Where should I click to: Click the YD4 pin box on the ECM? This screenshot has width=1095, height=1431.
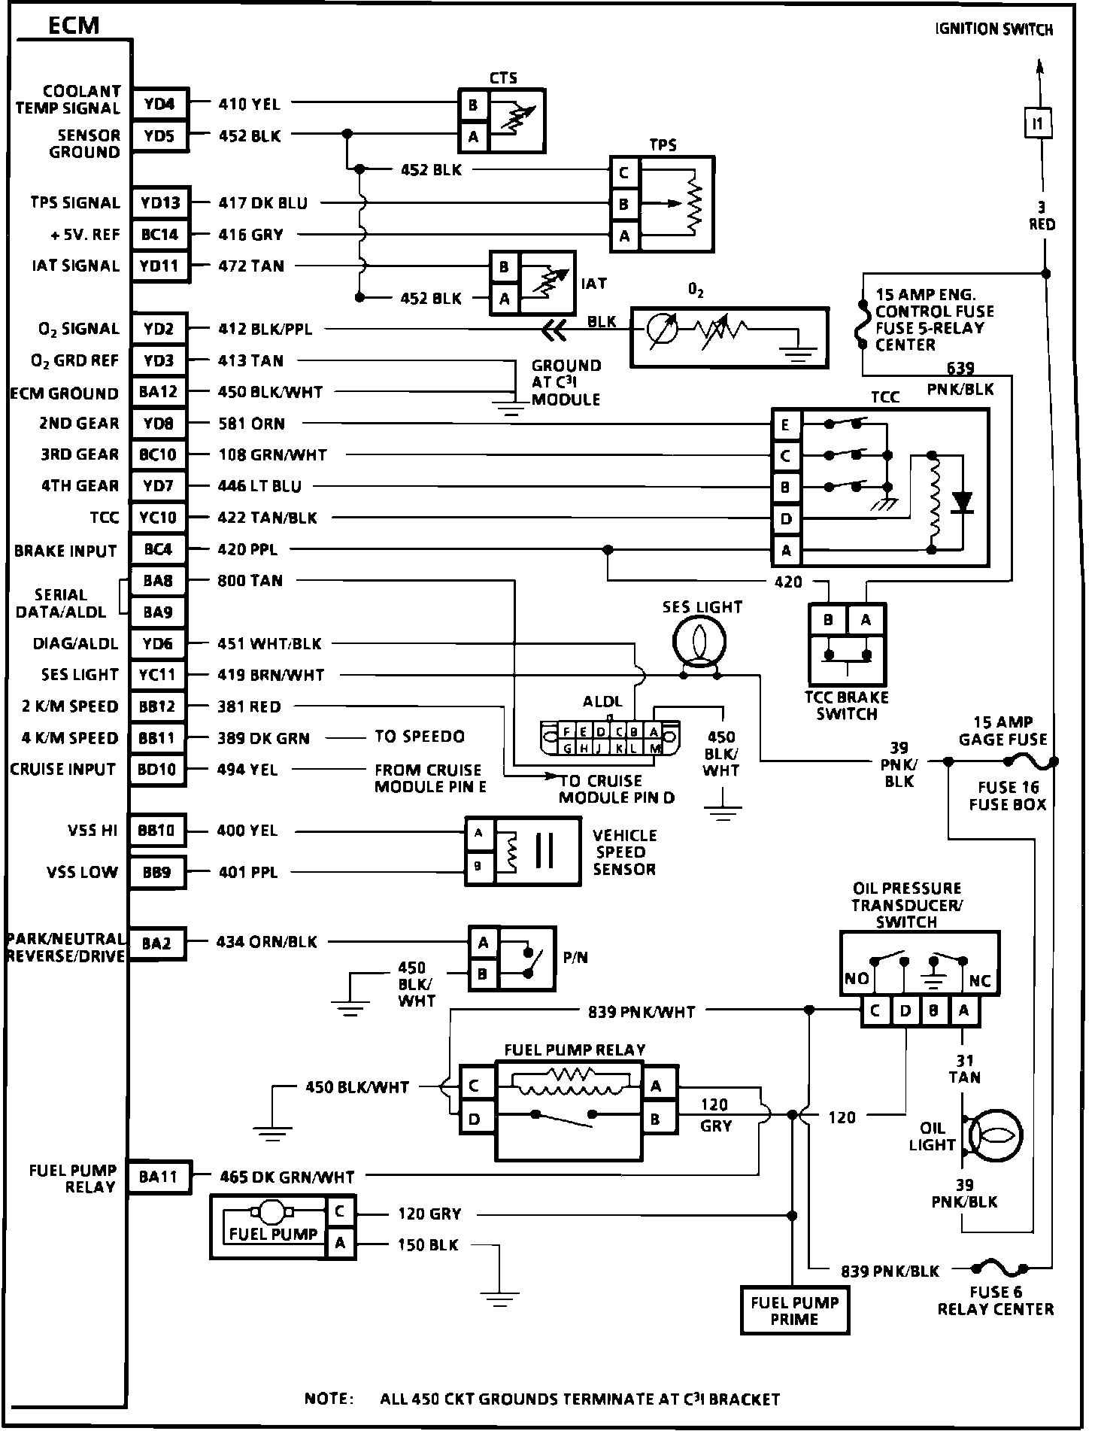tap(159, 104)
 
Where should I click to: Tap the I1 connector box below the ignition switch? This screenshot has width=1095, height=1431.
tap(1039, 123)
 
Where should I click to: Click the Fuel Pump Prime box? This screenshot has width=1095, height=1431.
tap(794, 1311)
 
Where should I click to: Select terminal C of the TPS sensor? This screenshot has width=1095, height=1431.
tap(623, 173)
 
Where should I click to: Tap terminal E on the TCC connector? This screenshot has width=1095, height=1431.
tap(785, 425)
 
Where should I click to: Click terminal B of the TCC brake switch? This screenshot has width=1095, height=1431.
tap(828, 620)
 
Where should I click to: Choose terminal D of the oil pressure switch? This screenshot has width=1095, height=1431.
tap(905, 1010)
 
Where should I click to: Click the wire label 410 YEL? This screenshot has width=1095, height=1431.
tap(249, 104)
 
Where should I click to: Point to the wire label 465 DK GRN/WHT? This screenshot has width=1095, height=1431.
tap(287, 1177)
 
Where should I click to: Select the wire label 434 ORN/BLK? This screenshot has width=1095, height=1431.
tap(267, 941)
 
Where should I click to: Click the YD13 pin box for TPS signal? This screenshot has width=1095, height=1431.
tap(160, 202)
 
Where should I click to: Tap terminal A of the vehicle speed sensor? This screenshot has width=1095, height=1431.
tap(478, 833)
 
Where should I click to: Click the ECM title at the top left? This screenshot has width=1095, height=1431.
tap(74, 26)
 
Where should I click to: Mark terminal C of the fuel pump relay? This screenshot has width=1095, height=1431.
tap(474, 1086)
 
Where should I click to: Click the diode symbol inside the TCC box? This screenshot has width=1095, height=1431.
tap(961, 501)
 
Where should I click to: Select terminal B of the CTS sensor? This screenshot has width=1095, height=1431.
tap(473, 105)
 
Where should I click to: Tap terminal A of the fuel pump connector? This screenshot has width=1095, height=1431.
tap(340, 1244)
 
